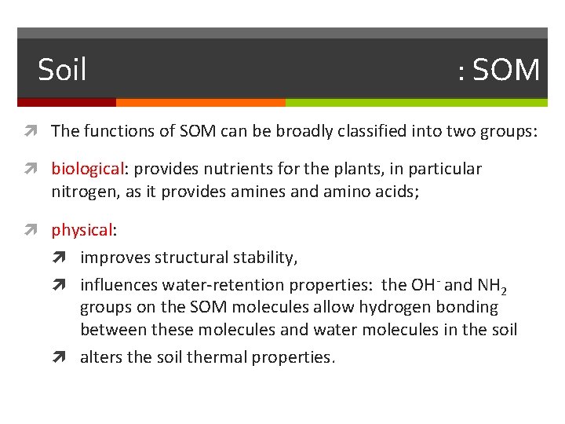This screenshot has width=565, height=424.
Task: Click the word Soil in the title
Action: tap(62, 71)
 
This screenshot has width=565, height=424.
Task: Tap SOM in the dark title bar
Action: tap(506, 71)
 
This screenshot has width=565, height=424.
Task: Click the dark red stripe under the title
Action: tap(67, 102)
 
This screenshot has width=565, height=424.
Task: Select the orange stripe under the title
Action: tap(200, 102)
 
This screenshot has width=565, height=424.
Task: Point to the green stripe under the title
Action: tap(416, 102)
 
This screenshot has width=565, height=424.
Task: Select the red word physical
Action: tap(82, 230)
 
